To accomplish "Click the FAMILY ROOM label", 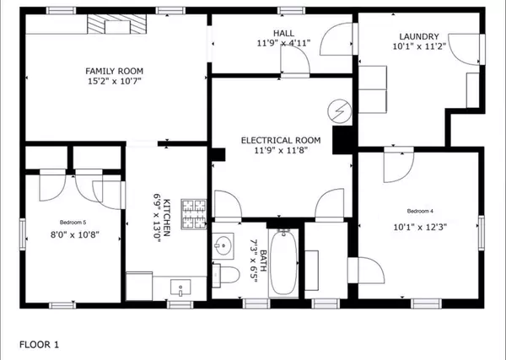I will coord(115,71).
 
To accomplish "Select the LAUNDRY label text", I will coord(419,37).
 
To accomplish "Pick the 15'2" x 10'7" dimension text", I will coord(115,82).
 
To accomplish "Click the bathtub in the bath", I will coord(283,261).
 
